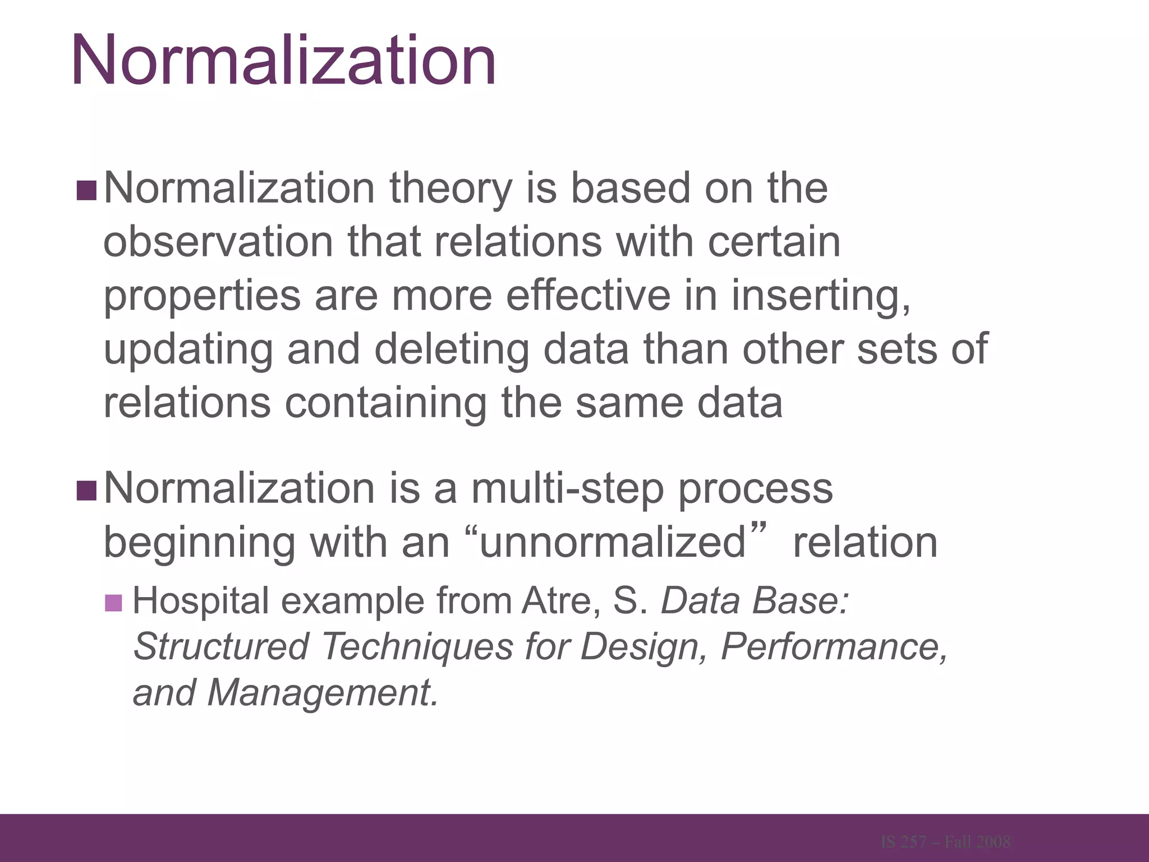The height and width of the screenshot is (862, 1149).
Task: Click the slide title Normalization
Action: (283, 61)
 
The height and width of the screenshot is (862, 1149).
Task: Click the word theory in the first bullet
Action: (451, 189)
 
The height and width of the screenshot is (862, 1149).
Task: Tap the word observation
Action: (218, 242)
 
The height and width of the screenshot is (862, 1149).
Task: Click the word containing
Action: (385, 403)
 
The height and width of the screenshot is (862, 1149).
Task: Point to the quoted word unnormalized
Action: (613, 543)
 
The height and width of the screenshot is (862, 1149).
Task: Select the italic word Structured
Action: (221, 646)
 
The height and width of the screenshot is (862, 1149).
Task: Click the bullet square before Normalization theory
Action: (86, 191)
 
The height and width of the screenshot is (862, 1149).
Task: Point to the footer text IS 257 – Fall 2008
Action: (946, 842)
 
